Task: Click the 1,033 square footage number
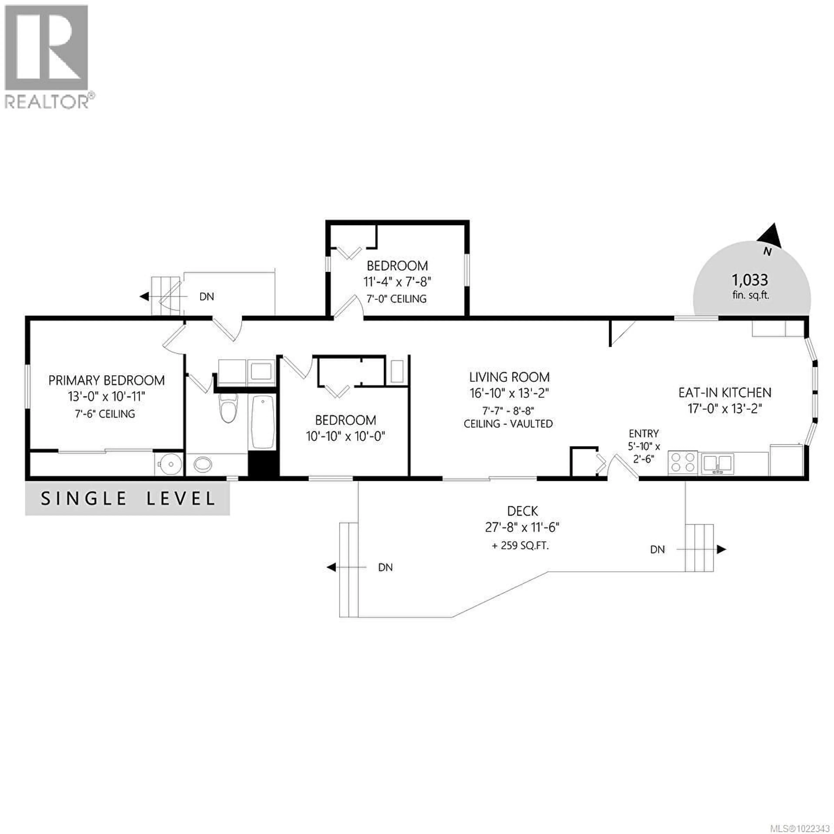750,280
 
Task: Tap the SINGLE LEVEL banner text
128,499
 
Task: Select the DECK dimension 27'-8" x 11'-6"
523,527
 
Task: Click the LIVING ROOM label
509,377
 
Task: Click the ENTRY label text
644,434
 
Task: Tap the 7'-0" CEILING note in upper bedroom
396,299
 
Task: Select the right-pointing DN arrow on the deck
721,549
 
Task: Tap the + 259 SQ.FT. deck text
520,546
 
